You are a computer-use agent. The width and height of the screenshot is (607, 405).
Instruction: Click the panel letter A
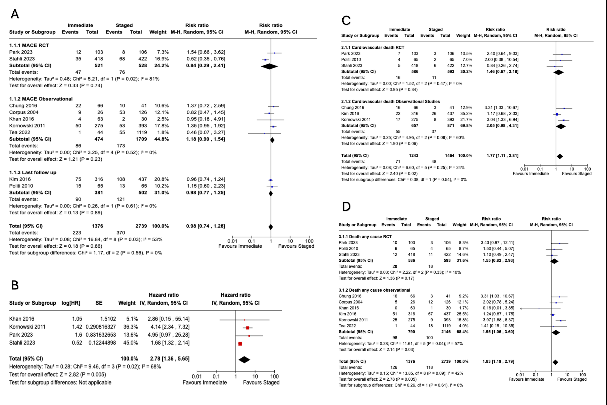coord(15,14)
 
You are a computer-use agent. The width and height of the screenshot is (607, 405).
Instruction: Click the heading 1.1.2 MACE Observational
coord(41,99)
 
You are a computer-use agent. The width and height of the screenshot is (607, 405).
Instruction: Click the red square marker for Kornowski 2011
coord(248,328)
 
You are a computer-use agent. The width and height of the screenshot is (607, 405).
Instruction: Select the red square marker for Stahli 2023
coord(240,344)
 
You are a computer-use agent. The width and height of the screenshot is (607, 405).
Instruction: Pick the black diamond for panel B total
coord(244,360)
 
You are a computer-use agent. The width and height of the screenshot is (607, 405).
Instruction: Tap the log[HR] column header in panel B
coord(71,303)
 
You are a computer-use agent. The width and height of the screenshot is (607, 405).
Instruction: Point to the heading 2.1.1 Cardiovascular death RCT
coord(372,47)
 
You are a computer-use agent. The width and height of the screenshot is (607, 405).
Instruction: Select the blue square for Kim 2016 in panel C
coord(557,114)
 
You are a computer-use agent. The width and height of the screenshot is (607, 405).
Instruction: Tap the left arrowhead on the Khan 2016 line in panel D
coord(521,309)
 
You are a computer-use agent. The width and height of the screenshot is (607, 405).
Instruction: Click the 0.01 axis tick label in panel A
coord(232,241)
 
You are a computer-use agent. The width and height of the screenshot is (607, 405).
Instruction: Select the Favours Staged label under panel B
coord(261,383)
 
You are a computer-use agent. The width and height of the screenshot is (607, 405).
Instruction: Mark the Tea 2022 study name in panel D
coord(347,326)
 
